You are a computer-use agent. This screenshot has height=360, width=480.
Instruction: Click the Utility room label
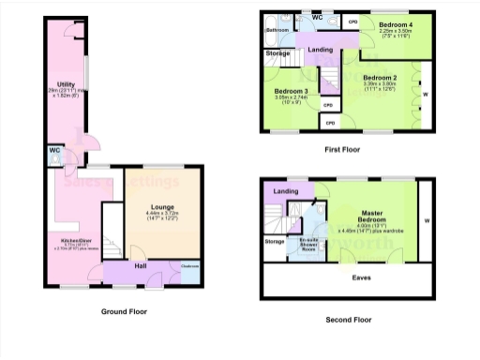[x=66, y=84]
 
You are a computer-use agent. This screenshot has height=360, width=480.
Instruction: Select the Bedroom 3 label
[x=292, y=91]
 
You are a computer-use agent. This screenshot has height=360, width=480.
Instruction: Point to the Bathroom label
[x=277, y=30]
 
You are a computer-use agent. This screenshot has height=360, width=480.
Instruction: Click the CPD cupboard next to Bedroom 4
[x=352, y=22]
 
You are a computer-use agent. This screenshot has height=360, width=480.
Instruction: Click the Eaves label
[x=360, y=277]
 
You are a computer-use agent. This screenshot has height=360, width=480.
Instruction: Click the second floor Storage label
[x=275, y=242]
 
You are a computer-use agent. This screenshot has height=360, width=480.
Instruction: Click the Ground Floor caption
[x=125, y=310]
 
